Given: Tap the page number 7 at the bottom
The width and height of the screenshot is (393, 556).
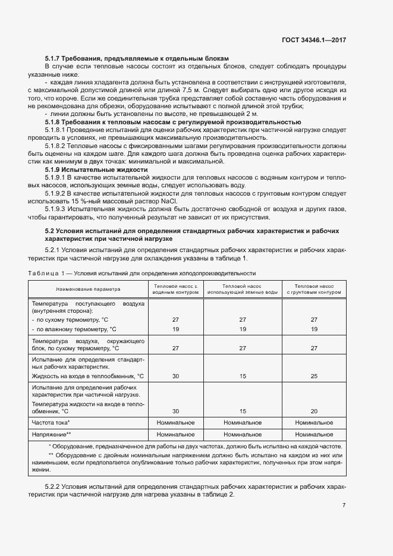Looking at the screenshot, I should [344, 505].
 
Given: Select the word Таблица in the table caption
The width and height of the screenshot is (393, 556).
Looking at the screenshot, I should [45, 273].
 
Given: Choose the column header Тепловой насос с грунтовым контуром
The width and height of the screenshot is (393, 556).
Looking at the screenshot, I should [314, 289].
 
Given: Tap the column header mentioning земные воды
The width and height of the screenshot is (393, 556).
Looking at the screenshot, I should [243, 289].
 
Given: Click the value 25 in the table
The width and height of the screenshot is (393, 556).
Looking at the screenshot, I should [314, 376].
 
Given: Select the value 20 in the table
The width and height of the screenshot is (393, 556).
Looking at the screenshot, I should [314, 411].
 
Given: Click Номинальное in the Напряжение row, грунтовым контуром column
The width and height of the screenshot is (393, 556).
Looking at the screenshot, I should [314, 434].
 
